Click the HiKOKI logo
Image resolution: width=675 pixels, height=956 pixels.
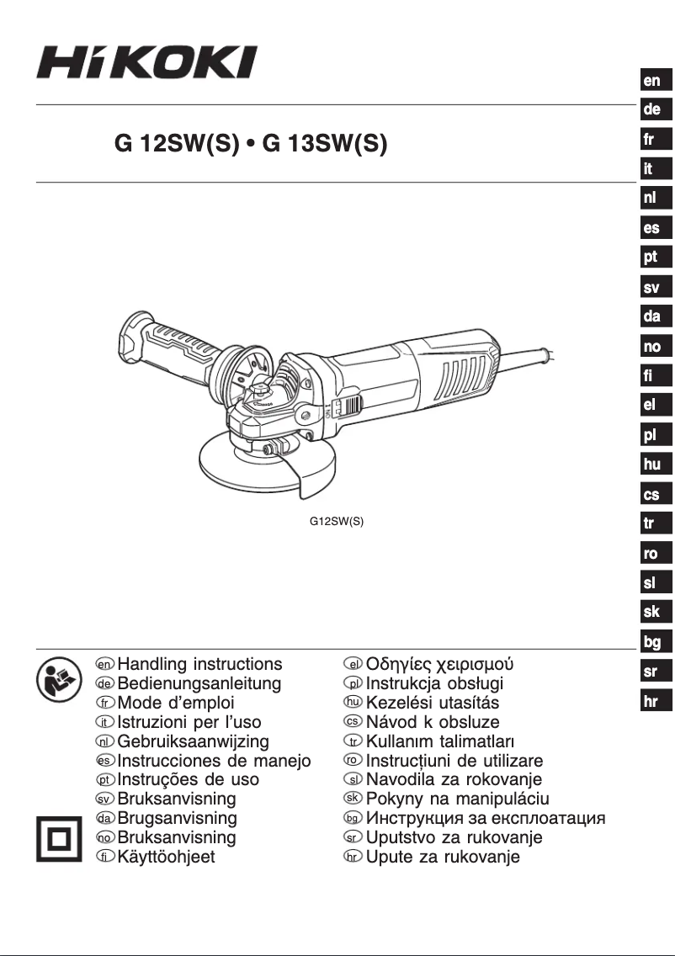coord(146,63)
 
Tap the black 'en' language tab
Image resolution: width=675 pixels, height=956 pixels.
coord(652,81)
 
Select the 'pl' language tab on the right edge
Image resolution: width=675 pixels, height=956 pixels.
coord(651,435)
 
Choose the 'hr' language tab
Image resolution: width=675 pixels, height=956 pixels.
coord(651,702)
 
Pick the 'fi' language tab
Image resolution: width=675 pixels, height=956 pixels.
coord(651,376)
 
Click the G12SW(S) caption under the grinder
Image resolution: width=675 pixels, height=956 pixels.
coord(337,521)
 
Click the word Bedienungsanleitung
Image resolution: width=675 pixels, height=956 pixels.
coord(199,683)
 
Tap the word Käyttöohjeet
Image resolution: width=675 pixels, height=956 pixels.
coord(167,858)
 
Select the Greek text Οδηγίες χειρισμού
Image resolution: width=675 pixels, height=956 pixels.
coord(439,664)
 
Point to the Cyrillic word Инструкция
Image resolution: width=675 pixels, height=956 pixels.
coord(418,818)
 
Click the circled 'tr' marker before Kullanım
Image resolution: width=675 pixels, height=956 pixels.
coord(353,741)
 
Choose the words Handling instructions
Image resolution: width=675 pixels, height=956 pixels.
coord(200,664)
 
